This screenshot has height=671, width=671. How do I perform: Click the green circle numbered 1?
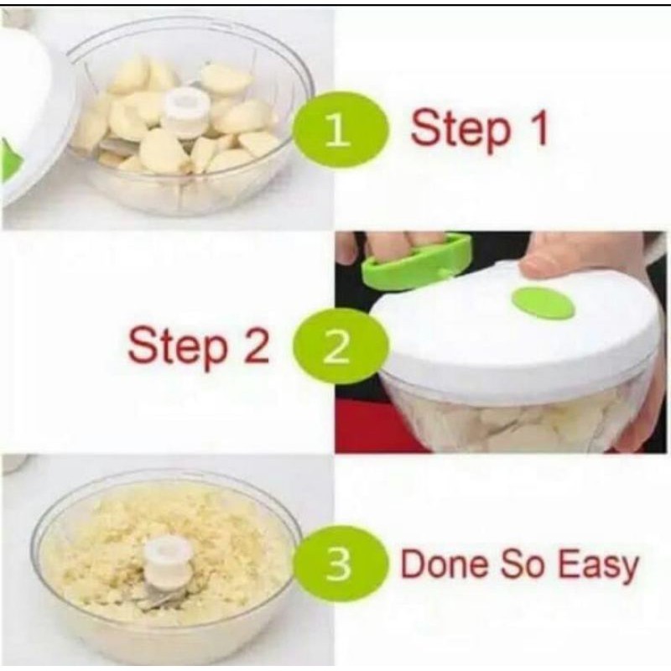click(341, 129)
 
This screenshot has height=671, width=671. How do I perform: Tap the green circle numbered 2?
click(341, 346)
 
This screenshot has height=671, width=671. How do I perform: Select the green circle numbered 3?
click(341, 564)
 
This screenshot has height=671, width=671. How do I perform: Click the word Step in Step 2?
click(178, 347)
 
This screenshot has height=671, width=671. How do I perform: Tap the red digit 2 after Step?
click(256, 345)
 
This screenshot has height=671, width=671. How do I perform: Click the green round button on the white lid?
click(544, 303)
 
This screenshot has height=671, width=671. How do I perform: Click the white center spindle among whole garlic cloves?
click(187, 111)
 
